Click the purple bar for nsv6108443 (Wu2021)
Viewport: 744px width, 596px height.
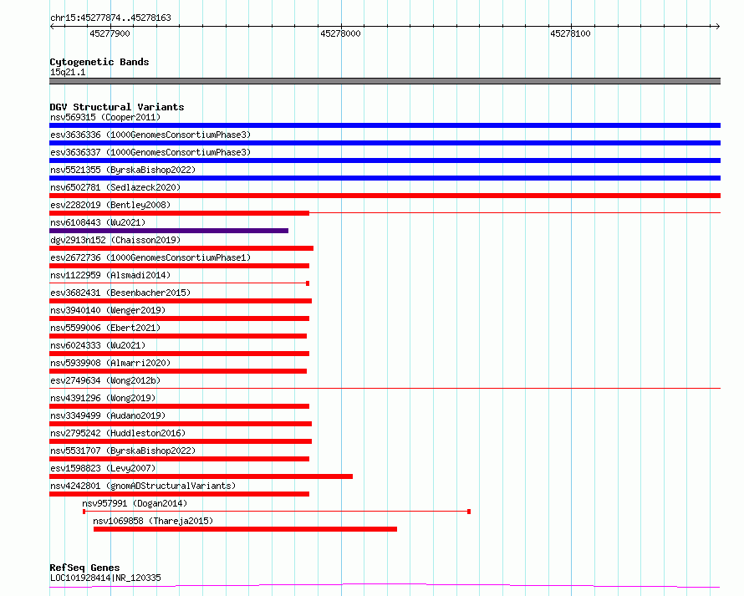tap(169, 231)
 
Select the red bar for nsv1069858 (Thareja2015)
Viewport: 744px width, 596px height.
tap(245, 529)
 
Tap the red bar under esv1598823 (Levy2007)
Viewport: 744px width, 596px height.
tap(201, 476)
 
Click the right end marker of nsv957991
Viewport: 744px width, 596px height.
tap(469, 512)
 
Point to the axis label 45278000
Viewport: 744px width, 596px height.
tap(340, 33)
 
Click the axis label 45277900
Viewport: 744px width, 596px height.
tap(110, 33)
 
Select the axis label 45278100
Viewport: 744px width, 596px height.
tap(570, 33)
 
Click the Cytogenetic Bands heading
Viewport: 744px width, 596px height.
tap(99, 62)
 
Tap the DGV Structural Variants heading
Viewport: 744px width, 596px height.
tap(117, 107)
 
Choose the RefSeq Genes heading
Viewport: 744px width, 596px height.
tap(84, 568)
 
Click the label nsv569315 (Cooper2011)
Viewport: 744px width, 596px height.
tap(105, 117)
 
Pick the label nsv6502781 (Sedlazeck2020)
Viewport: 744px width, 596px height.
tap(115, 187)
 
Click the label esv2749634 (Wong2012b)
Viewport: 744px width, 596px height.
tap(105, 380)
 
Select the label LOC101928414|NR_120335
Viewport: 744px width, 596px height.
tap(105, 578)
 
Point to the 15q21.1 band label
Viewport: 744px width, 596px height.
tap(68, 72)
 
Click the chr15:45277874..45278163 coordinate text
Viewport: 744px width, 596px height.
tap(110, 18)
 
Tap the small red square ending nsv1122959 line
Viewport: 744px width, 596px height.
tap(308, 283)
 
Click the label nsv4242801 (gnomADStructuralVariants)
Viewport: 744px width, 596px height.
tap(143, 486)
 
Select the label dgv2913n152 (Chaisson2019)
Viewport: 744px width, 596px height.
tap(115, 240)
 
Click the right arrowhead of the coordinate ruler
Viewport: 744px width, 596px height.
tap(718, 26)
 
